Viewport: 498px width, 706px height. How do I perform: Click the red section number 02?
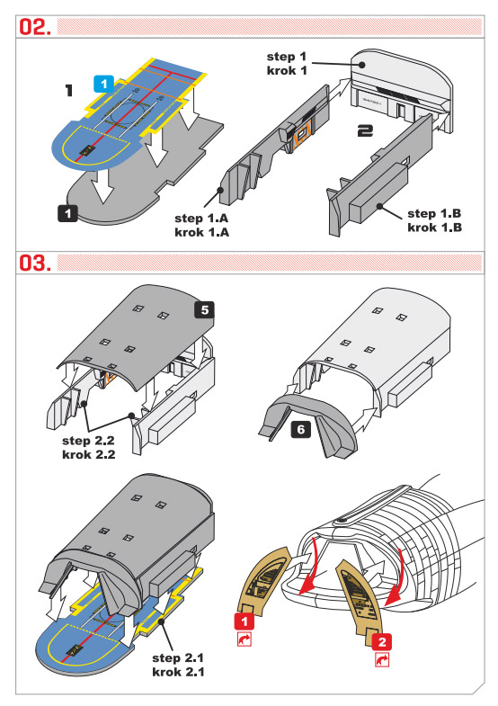tap(35, 27)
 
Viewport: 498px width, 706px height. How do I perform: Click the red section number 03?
tap(35, 263)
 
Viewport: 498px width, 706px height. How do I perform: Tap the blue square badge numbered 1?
tap(104, 85)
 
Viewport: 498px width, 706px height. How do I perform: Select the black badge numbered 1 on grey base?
tap(68, 213)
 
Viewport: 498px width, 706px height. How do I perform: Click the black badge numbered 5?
tap(205, 310)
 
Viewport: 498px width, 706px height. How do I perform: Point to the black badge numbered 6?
tap(301, 430)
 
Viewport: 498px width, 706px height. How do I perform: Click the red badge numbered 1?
tap(245, 621)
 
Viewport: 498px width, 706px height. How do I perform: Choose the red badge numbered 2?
tap(382, 641)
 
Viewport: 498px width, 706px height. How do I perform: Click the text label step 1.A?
tap(201, 219)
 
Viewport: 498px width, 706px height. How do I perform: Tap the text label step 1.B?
tap(434, 213)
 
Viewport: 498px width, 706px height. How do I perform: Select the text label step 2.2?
tap(88, 441)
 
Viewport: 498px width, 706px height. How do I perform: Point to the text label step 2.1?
tap(178, 657)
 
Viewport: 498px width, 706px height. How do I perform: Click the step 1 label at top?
tap(287, 57)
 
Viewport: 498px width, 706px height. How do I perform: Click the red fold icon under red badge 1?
tap(245, 639)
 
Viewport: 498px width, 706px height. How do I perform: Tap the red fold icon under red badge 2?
tap(382, 659)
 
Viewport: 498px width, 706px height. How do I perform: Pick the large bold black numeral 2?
tap(365, 131)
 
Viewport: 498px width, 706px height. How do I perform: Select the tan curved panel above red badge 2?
tap(360, 598)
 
